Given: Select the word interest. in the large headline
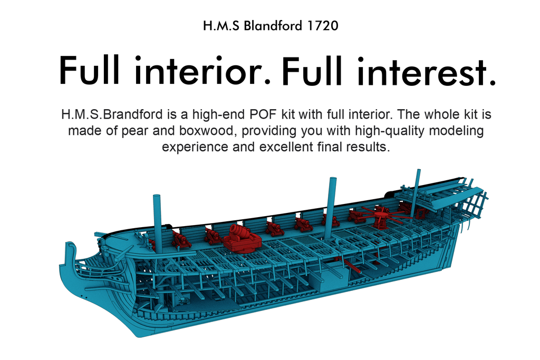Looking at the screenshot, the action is click(427, 71).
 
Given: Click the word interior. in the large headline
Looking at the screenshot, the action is click(202, 71).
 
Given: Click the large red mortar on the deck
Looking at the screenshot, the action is click(243, 238).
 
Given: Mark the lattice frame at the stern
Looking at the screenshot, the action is click(478, 205).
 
